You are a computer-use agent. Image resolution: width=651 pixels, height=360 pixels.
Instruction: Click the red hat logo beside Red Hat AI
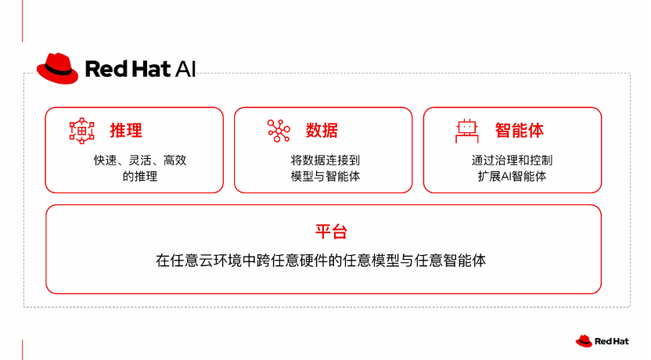[x=57, y=69]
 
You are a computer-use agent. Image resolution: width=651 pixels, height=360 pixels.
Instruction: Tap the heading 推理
[x=126, y=131]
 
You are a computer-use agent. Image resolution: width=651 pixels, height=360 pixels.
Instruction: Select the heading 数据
[x=322, y=131]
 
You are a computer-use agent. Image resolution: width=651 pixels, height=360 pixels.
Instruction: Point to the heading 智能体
[x=519, y=131]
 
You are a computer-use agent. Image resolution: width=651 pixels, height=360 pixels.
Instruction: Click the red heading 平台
[x=331, y=232]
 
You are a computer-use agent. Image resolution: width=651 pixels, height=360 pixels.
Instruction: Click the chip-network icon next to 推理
[x=82, y=131]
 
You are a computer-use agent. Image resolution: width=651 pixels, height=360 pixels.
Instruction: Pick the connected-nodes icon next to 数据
[x=279, y=131]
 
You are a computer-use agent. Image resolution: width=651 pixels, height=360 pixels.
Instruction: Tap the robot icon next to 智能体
[x=467, y=131]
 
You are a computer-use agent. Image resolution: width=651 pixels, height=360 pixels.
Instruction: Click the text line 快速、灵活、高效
[x=140, y=160]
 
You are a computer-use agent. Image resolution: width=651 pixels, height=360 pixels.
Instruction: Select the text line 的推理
[x=140, y=176]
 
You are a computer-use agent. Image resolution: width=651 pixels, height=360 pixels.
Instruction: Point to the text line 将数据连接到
[x=325, y=160]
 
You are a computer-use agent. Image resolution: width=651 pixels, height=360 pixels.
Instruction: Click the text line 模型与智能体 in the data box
[x=325, y=176]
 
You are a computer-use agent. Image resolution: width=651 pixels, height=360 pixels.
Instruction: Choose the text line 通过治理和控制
[x=512, y=160]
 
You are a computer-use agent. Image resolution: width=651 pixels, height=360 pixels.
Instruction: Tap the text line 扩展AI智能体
[x=512, y=176]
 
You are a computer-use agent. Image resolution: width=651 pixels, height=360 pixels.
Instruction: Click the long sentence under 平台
[x=321, y=261]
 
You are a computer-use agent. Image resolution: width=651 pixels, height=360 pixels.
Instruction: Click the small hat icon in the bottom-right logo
[x=584, y=341]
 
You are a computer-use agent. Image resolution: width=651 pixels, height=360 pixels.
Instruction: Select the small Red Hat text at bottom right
[x=612, y=341]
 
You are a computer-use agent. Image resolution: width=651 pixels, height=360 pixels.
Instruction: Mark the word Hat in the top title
[x=151, y=69]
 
